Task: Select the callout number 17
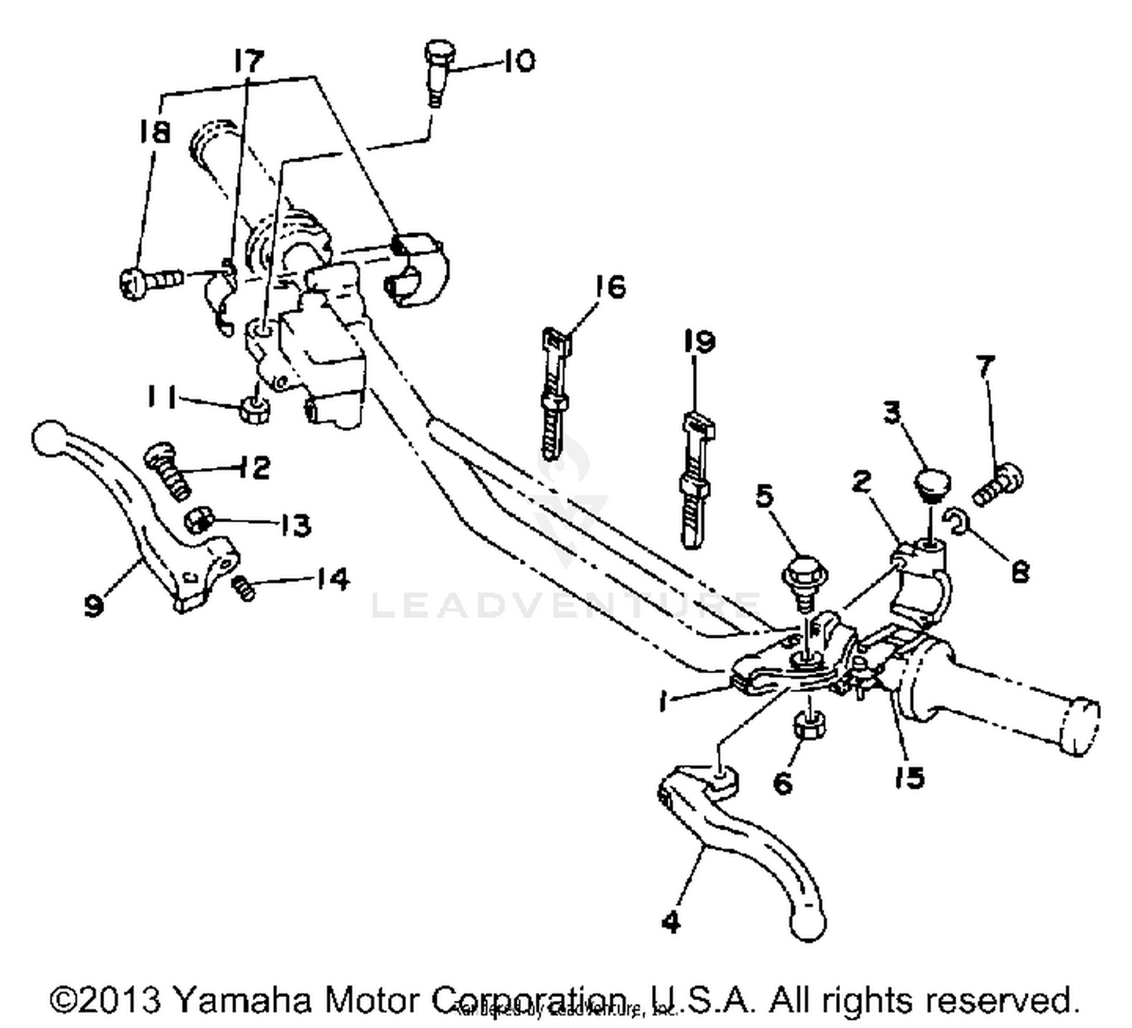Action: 249,60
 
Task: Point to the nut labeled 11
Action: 255,411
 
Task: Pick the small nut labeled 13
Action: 199,519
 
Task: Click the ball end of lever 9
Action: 47,437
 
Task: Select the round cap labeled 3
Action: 933,483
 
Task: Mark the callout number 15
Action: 909,777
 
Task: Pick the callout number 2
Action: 862,482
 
